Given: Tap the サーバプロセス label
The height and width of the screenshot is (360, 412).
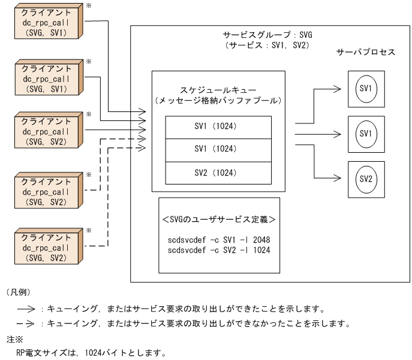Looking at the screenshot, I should [366, 53].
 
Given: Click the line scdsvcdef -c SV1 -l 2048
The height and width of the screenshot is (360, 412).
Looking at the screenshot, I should [219, 240].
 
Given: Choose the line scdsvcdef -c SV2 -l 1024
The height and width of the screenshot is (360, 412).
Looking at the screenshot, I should [219, 250].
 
